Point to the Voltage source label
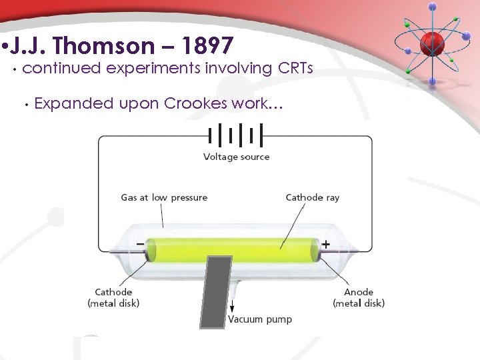(x=236, y=157)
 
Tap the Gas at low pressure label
(x=164, y=197)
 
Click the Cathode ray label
(x=312, y=197)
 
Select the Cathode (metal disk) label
(x=113, y=298)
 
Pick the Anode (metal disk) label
(x=359, y=298)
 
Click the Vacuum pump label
(x=260, y=319)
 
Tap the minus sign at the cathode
(x=140, y=245)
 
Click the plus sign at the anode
(x=325, y=245)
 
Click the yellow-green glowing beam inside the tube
(x=233, y=250)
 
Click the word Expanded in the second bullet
(x=74, y=103)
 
